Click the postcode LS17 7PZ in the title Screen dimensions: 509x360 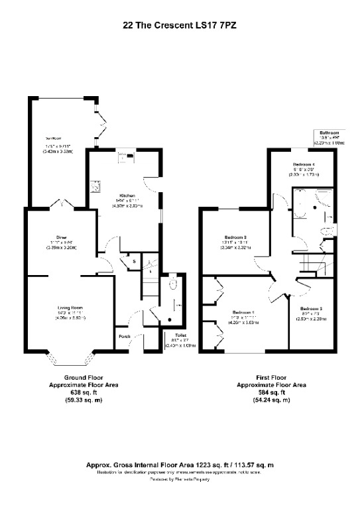210,25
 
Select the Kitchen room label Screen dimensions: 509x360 127,196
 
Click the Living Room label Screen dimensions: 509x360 70,308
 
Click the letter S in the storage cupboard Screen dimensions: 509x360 133,262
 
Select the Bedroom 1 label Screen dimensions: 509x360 244,312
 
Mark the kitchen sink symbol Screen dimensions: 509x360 96,187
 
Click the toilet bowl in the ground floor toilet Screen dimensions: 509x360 172,284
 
